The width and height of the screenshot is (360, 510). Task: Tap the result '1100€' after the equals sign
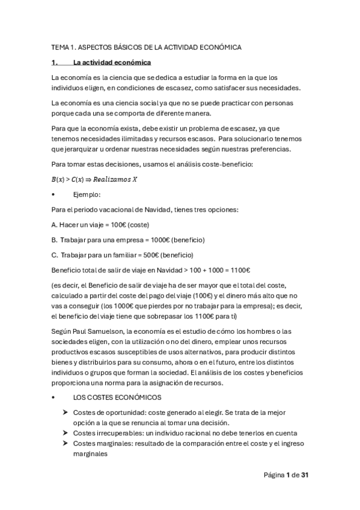click(x=239, y=270)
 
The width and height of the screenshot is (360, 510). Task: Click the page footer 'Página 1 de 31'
click(x=286, y=475)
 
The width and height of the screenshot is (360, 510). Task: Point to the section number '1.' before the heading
click(x=55, y=63)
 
